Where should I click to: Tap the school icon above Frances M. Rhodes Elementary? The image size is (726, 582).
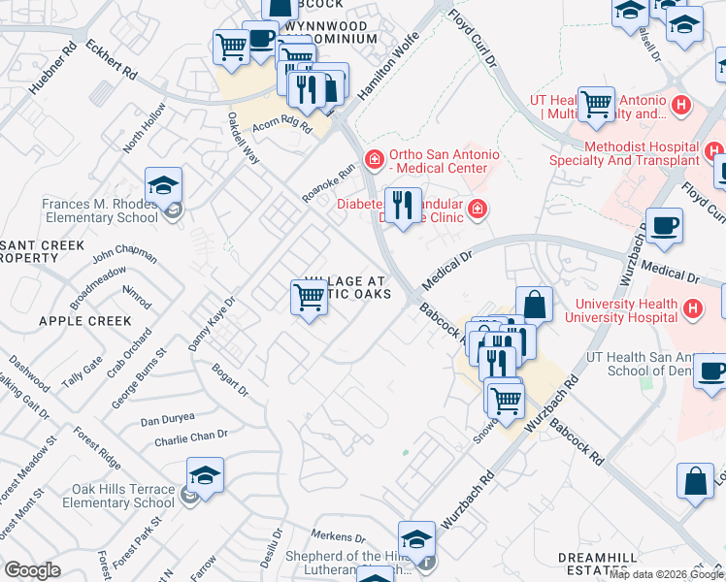click(x=164, y=185)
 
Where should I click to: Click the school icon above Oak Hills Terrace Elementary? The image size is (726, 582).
click(x=205, y=475)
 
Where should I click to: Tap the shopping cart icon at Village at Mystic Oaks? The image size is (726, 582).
click(x=309, y=297)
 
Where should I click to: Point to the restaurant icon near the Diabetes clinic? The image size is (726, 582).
click(x=403, y=205)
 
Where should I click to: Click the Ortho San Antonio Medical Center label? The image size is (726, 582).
click(x=445, y=161)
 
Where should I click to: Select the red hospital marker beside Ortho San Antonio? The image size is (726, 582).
click(x=373, y=158)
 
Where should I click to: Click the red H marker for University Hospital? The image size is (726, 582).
click(x=692, y=309)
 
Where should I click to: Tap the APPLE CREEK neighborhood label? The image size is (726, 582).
click(x=84, y=321)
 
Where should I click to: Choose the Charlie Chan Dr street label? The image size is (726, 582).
click(x=190, y=438)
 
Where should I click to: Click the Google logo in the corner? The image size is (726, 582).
click(x=32, y=570)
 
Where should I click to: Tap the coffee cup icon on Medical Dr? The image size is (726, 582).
click(x=665, y=225)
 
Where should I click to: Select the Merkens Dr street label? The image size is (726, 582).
click(x=337, y=535)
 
